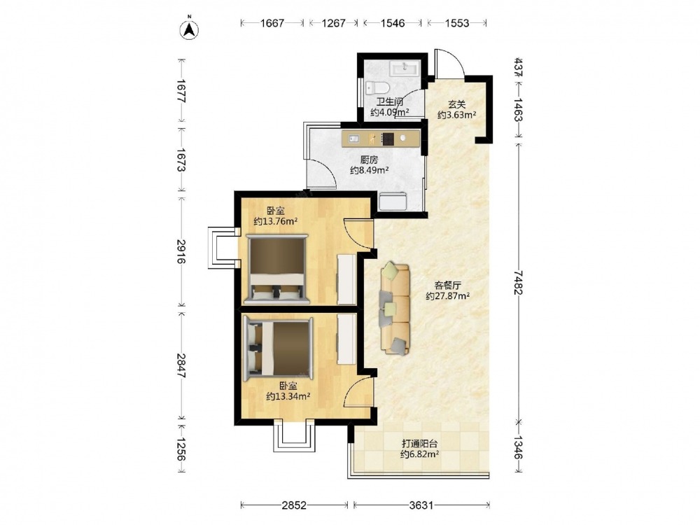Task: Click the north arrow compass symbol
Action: pos(189,29)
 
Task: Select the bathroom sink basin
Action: pos(405,69)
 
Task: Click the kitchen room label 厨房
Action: pos(369,160)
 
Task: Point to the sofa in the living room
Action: pos(395,309)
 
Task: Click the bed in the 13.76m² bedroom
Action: pos(276,269)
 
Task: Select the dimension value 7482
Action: pos(518,282)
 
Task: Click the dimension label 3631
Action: pos(421,505)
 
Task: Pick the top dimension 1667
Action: pos(272,23)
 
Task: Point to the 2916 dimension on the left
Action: pos(181,251)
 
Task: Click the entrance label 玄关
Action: pos(456,104)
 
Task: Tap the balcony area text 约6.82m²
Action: pos(419,454)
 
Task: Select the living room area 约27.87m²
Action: pos(448,295)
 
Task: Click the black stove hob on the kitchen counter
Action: pos(388,139)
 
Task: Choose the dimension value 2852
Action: pos(294,505)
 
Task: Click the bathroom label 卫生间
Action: pos(389,101)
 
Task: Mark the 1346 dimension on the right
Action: pos(518,447)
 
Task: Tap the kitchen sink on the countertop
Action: pos(353,139)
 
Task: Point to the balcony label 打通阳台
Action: pos(419,444)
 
